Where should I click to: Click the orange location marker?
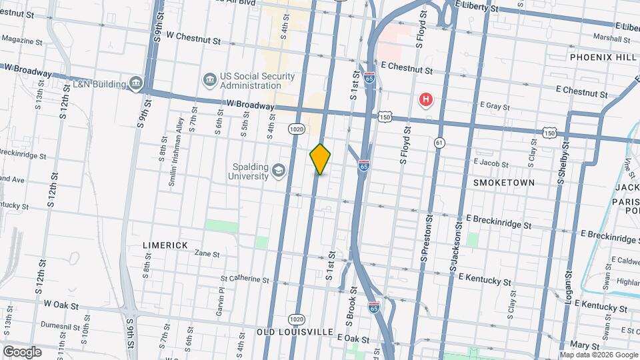[321, 159]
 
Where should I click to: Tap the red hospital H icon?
[425, 101]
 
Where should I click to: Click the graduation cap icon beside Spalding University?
[277, 173]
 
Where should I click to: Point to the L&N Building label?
[101, 83]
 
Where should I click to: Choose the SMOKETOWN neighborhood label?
[503, 182]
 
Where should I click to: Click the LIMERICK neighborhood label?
[165, 245]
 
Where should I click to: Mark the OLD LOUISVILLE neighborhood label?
[295, 331]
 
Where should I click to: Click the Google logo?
[21, 352]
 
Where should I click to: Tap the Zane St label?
[207, 253]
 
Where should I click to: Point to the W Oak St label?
[61, 305]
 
